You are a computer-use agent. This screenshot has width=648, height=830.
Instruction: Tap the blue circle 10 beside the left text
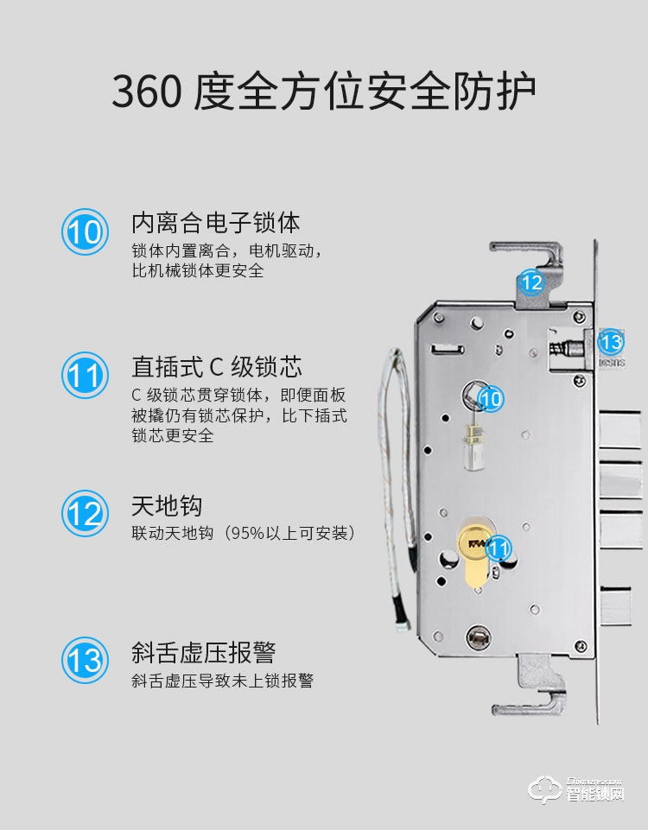click(x=85, y=232)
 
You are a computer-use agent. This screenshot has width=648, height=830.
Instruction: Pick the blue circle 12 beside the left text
click(x=85, y=515)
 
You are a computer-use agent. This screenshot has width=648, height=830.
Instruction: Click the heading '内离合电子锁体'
click(x=215, y=223)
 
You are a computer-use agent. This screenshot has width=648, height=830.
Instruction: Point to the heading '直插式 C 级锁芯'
click(x=216, y=366)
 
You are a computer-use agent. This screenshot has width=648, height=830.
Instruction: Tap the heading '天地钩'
click(x=167, y=505)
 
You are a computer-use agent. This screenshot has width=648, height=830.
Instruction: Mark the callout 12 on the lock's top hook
click(x=530, y=282)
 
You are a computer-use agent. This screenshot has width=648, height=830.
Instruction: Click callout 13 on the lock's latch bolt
click(x=610, y=342)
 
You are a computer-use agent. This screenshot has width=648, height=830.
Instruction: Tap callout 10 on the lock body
click(x=490, y=398)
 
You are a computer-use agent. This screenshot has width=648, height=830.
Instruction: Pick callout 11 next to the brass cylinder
click(x=499, y=548)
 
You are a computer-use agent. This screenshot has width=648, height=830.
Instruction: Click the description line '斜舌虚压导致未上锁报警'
click(x=222, y=681)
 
